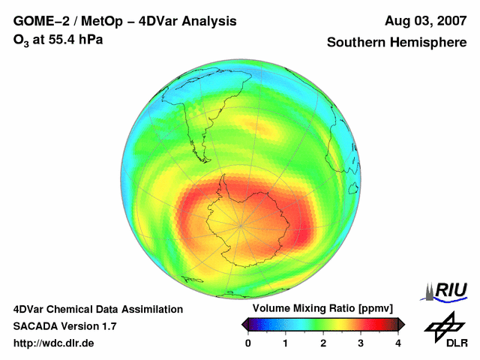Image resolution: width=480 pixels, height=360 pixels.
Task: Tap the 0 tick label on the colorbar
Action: point(248,343)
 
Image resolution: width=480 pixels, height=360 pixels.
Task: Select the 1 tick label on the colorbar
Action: point(286,343)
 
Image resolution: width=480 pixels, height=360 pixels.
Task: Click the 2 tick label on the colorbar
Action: point(323,343)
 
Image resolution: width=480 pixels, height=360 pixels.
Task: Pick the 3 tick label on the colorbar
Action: point(361,343)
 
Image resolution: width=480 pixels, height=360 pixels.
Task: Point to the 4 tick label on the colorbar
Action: point(398,343)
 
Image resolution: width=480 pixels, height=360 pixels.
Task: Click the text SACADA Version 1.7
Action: point(64,326)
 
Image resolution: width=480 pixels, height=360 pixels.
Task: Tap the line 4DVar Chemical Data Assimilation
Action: point(97,309)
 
